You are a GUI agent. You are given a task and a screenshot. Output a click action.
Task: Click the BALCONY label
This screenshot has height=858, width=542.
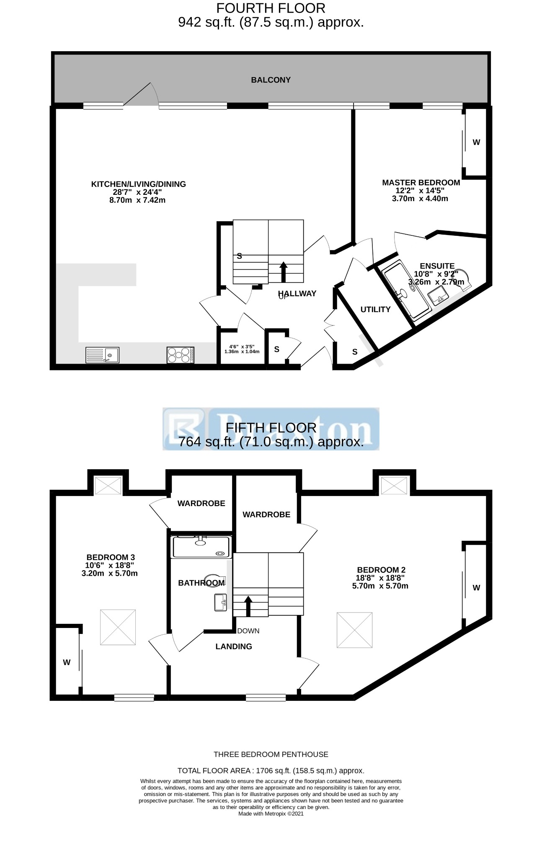271,80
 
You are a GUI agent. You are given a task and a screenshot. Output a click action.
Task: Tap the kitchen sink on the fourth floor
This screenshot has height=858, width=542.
102,355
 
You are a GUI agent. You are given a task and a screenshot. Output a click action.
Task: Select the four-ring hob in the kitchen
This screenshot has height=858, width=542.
180,355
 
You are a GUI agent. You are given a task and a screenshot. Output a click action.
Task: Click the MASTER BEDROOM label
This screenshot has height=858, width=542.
421,183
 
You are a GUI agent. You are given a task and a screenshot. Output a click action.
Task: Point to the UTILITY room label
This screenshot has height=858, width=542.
375,310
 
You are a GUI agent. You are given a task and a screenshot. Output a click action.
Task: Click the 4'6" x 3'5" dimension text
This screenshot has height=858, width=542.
242,347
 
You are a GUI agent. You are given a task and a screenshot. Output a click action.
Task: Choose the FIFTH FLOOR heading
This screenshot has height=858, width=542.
271,428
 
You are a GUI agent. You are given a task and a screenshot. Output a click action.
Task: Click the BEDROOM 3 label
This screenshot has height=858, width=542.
111,557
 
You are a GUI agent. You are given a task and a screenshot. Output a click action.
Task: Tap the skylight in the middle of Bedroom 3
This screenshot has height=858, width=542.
118,627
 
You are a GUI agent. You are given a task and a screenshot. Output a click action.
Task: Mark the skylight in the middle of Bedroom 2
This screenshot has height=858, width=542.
354,630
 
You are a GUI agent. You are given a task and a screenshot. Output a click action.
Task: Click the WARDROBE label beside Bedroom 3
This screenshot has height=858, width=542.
201,504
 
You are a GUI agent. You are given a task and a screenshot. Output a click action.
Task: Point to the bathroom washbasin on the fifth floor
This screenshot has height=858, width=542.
220,602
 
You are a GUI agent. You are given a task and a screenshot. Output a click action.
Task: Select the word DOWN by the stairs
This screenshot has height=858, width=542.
248,631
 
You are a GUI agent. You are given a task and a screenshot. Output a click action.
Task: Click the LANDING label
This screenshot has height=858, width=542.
234,646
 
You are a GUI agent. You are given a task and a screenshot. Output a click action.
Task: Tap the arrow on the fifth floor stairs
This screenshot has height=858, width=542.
248,606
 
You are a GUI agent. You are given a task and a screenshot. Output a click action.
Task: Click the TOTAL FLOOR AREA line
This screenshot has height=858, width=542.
271,770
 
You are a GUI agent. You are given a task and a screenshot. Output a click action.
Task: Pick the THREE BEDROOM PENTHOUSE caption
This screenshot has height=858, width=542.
271,755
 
